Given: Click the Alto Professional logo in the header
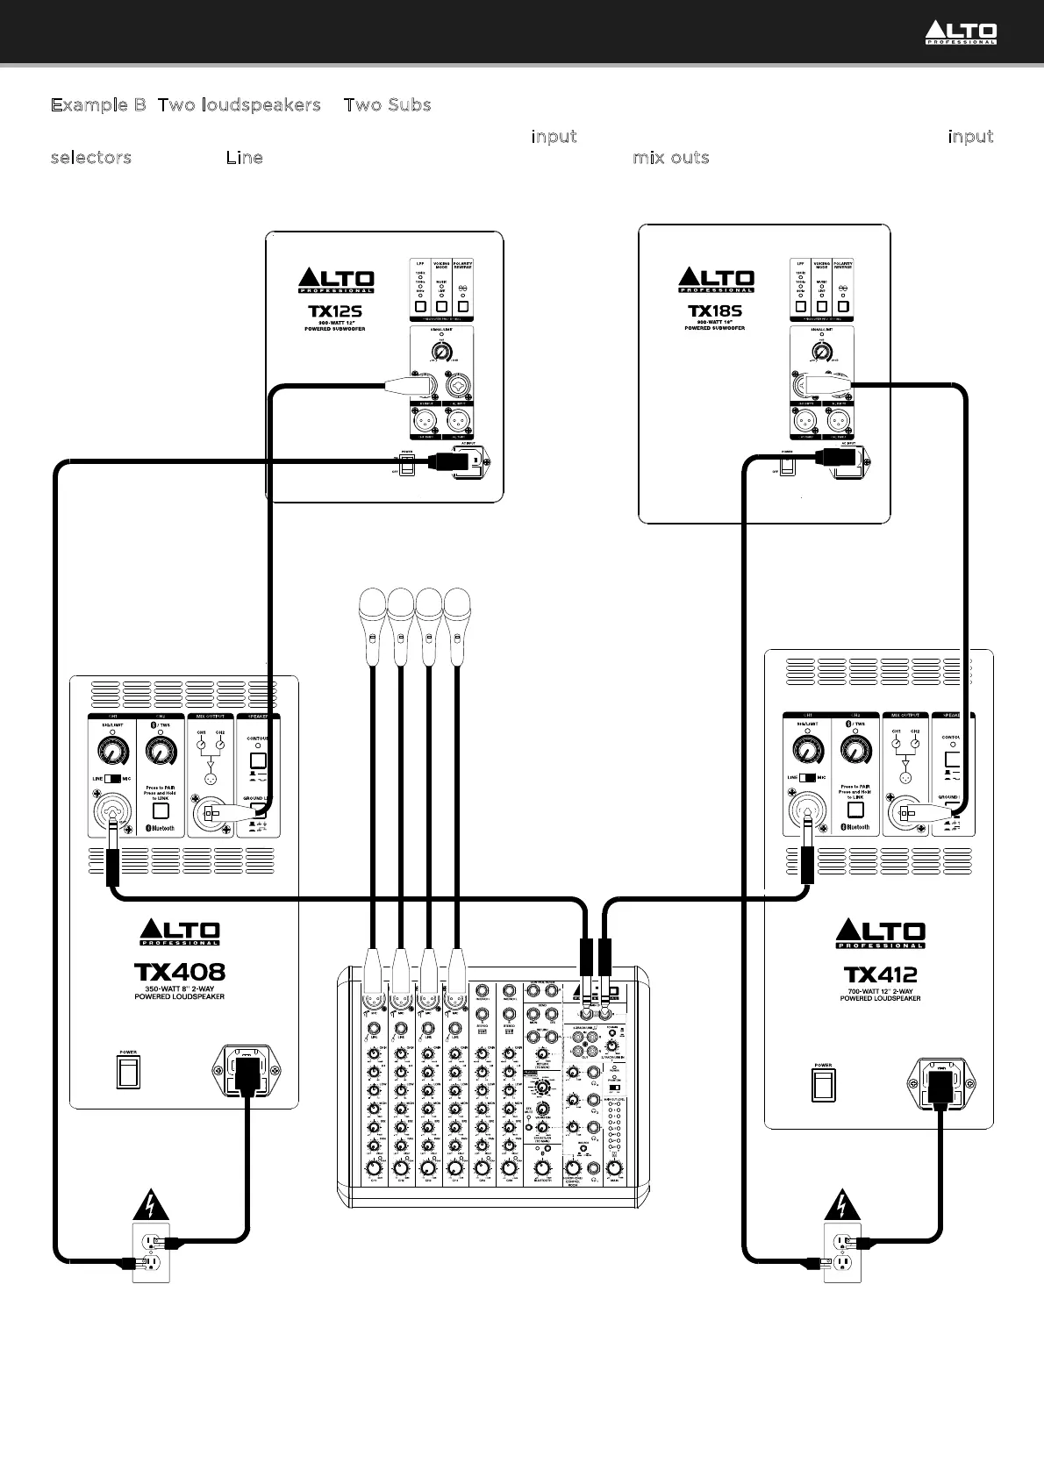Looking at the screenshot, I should pyautogui.click(x=961, y=33).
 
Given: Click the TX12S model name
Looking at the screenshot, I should pyautogui.click(x=335, y=310).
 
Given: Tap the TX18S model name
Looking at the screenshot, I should pyautogui.click(x=715, y=310).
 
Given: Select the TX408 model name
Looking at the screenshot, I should pyautogui.click(x=180, y=972).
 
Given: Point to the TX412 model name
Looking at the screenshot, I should pyautogui.click(x=881, y=974).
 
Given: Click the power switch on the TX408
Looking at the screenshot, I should pyautogui.click(x=128, y=1072).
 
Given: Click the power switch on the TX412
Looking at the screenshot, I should pyautogui.click(x=823, y=1086).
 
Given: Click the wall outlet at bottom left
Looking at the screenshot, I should pyautogui.click(x=150, y=1252).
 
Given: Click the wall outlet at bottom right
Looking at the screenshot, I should pyautogui.click(x=843, y=1252).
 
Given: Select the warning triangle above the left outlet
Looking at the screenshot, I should pyautogui.click(x=150, y=1206).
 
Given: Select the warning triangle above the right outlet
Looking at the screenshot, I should pyautogui.click(x=843, y=1206).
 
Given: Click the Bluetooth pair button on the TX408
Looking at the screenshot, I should pyautogui.click(x=160, y=811).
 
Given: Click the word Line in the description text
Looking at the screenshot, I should pyautogui.click(x=244, y=158).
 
